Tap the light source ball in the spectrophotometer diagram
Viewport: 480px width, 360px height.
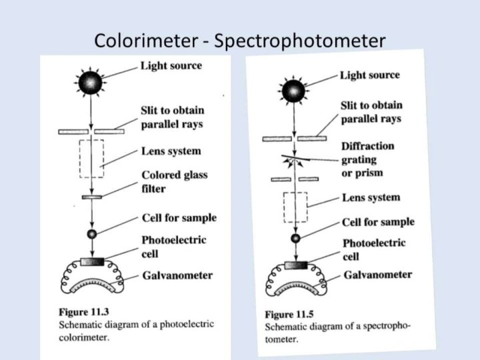pyautogui.click(x=293, y=91)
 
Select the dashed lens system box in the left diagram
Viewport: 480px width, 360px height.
pyautogui.click(x=91, y=159)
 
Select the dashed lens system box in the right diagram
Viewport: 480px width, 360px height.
pyautogui.click(x=294, y=207)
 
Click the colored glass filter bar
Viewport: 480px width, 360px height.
pyautogui.click(x=91, y=197)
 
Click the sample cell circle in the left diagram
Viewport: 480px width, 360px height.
pyautogui.click(x=92, y=233)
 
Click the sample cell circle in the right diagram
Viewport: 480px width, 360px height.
pyautogui.click(x=295, y=238)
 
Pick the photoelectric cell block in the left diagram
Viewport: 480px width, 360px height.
pyautogui.click(x=92, y=261)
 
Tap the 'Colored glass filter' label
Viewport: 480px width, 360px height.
pyautogui.click(x=174, y=181)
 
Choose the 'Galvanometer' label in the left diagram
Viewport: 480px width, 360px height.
pyautogui.click(x=177, y=275)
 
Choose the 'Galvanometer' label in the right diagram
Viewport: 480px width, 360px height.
pyautogui.click(x=378, y=275)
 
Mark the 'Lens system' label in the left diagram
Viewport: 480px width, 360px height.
pyautogui.click(x=171, y=151)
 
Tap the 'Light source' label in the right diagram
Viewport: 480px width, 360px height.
pyautogui.click(x=370, y=75)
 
